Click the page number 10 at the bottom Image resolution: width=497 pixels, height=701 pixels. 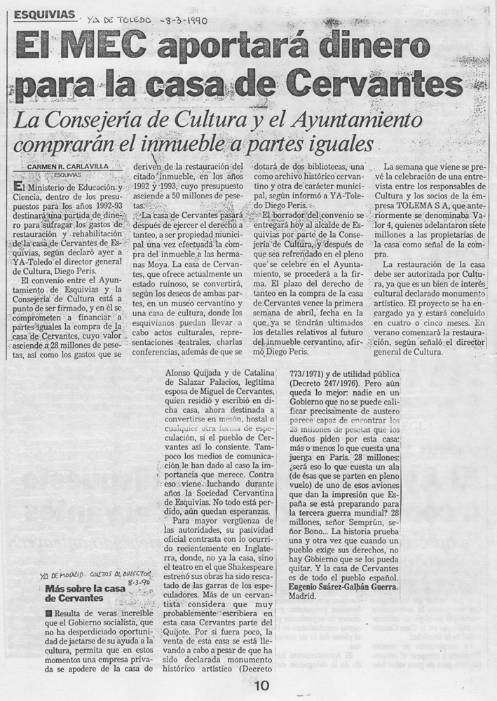click(261, 686)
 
